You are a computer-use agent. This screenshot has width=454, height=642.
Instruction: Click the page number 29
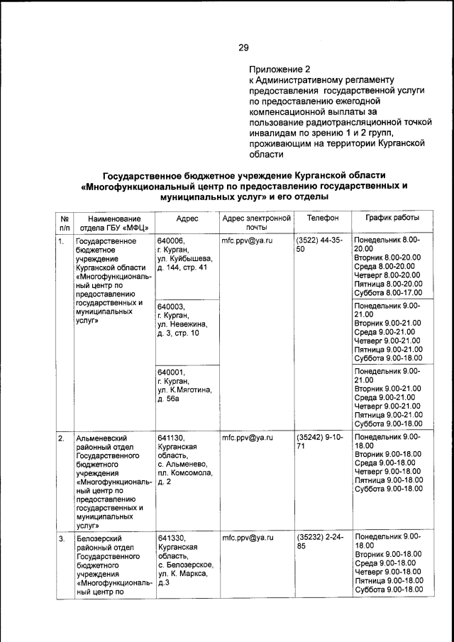pos(243,48)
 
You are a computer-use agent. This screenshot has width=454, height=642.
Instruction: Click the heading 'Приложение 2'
pos(279,70)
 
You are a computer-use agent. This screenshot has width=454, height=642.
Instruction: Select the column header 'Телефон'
pos(323,218)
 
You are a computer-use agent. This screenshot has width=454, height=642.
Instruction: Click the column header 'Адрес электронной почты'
pos(257,223)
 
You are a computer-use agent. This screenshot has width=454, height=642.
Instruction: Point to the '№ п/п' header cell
pos(65,223)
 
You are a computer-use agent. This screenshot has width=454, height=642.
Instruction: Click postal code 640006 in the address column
pos(171,241)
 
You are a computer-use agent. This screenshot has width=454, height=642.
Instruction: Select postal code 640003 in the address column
pos(171,307)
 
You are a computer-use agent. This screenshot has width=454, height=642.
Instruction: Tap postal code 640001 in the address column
pos(171,372)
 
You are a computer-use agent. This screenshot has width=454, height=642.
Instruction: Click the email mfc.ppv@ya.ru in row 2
pos(248,438)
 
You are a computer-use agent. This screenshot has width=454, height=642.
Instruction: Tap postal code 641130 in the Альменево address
pos(171,438)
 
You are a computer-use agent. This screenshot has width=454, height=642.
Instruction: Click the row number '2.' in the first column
pos(62,438)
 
